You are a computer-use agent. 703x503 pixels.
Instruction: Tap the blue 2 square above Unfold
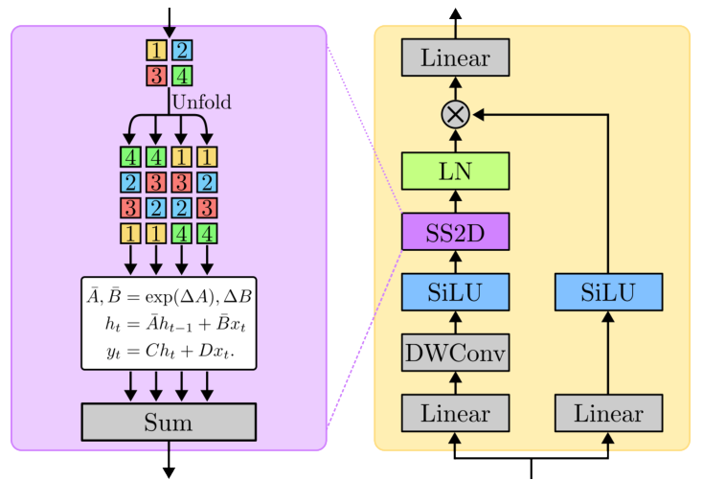182,50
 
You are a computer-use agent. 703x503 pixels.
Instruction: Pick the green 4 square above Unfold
182,76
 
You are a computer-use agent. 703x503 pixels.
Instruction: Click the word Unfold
201,102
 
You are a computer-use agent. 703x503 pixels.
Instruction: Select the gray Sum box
169,422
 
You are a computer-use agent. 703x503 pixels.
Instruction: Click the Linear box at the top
455,57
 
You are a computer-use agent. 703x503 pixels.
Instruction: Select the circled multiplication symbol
455,114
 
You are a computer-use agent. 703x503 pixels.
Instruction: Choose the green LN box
455,171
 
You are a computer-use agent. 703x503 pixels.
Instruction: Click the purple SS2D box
455,231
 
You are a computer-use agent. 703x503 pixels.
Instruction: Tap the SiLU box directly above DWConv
455,291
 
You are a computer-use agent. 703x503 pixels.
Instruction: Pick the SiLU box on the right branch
608,291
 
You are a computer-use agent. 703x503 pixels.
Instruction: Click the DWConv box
455,354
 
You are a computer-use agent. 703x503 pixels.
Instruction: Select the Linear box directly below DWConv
455,414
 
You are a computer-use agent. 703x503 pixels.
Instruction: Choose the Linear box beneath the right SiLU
608,414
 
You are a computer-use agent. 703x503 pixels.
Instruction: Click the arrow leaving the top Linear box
455,22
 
